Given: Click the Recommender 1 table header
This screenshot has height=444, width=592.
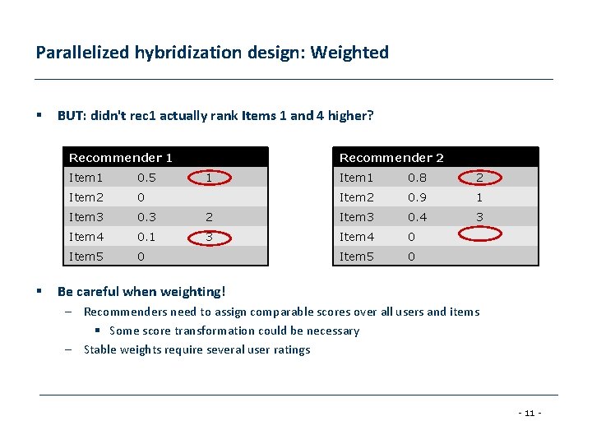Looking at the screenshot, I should (121, 158).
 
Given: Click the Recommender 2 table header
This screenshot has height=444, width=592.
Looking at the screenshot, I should (391, 158).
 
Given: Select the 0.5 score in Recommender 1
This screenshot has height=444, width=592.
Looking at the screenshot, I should (147, 178).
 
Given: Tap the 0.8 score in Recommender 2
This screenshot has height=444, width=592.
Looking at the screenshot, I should (418, 178).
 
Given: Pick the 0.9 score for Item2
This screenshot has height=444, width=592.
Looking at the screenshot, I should (418, 197).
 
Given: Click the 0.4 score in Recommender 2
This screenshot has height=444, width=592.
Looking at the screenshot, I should (418, 217).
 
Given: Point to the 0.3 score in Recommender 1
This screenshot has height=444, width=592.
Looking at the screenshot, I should (147, 217).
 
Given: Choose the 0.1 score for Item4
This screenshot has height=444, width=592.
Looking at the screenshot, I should (147, 237).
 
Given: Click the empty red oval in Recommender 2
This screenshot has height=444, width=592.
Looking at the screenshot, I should (480, 234).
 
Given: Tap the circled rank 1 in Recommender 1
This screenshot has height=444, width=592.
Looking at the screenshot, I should (210, 177).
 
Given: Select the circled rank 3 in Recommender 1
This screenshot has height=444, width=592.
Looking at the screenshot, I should (210, 237).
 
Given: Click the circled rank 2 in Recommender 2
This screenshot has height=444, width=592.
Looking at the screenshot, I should (480, 178).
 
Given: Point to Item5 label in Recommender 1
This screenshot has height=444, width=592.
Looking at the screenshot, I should (86, 257).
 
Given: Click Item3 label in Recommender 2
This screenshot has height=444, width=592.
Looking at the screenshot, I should (357, 217).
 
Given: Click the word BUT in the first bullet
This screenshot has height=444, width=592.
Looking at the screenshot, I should (69, 116).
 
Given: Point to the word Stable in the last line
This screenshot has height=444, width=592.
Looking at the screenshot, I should (100, 349).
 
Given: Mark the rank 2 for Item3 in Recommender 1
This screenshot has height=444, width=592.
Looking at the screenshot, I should (210, 217).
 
